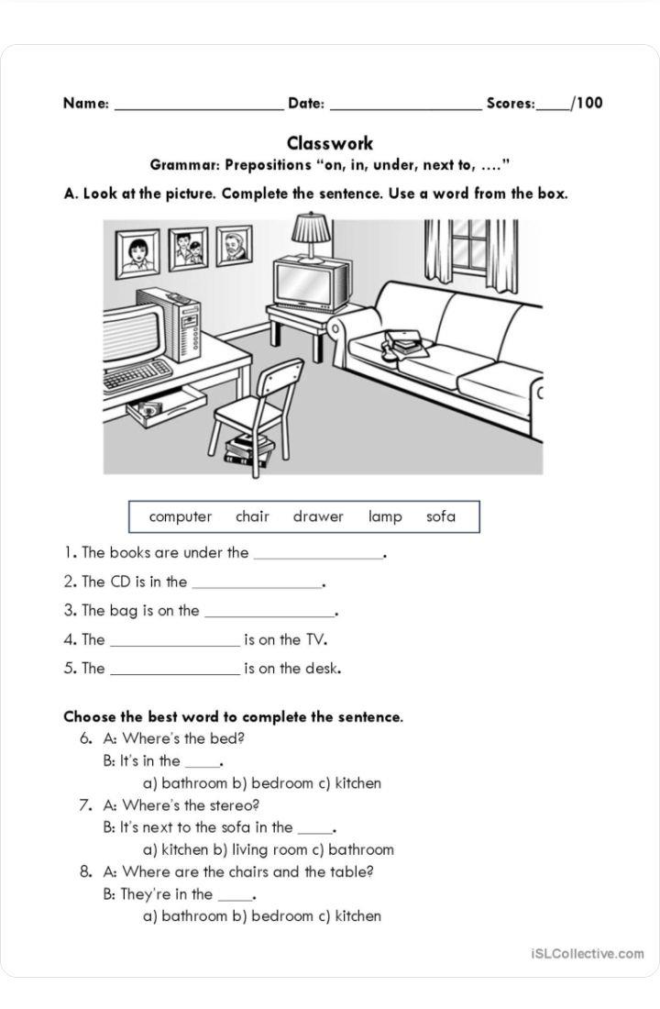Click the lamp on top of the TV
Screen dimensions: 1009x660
(x=312, y=234)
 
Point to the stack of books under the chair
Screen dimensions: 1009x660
(x=249, y=450)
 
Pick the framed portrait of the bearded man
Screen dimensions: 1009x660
(x=234, y=246)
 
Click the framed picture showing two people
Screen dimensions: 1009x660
(x=188, y=249)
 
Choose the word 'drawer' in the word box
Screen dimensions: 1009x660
(x=318, y=516)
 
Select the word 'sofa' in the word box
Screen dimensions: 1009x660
(x=441, y=516)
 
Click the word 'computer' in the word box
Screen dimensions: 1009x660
(x=181, y=516)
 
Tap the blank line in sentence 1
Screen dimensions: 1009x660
(x=318, y=556)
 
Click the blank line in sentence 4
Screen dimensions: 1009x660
(x=174, y=644)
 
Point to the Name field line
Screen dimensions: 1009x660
(x=198, y=108)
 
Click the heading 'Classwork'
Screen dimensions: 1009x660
(x=330, y=143)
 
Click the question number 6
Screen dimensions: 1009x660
(x=86, y=738)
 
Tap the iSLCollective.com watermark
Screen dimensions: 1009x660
(x=587, y=954)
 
